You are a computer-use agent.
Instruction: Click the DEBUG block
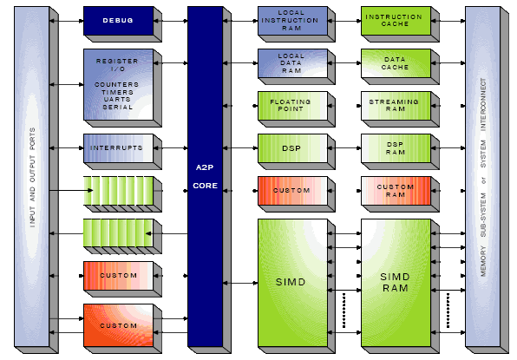pyautogui.click(x=118, y=21)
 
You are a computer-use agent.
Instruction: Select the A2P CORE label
pyautogui.click(x=205, y=176)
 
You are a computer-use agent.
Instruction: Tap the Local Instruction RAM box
pyautogui.click(x=292, y=21)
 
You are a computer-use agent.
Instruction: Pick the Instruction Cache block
pyautogui.click(x=396, y=21)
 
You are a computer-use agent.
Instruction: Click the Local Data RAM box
pyautogui.click(x=292, y=63)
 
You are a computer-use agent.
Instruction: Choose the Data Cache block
pyautogui.click(x=396, y=63)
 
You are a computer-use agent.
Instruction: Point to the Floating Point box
pyautogui.click(x=292, y=106)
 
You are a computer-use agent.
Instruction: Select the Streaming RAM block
pyautogui.click(x=396, y=106)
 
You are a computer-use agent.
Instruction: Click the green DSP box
pyautogui.click(x=292, y=148)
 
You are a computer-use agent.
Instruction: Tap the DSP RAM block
pyautogui.click(x=396, y=148)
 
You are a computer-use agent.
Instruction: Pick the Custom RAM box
pyautogui.click(x=396, y=191)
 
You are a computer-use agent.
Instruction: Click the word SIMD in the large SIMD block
pyautogui.click(x=291, y=282)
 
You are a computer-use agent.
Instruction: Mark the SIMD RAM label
pyautogui.click(x=395, y=283)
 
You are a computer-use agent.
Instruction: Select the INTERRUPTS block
pyautogui.click(x=118, y=148)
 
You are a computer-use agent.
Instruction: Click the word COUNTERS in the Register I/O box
pyautogui.click(x=117, y=85)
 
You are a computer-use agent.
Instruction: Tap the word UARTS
pyautogui.click(x=117, y=99)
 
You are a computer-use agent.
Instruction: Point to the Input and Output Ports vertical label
pyautogui.click(x=32, y=178)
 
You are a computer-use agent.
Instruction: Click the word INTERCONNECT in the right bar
pyautogui.click(x=483, y=105)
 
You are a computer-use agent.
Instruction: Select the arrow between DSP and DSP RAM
pyautogui.click(x=344, y=148)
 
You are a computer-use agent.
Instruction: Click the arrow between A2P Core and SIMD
pyautogui.click(x=240, y=283)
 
